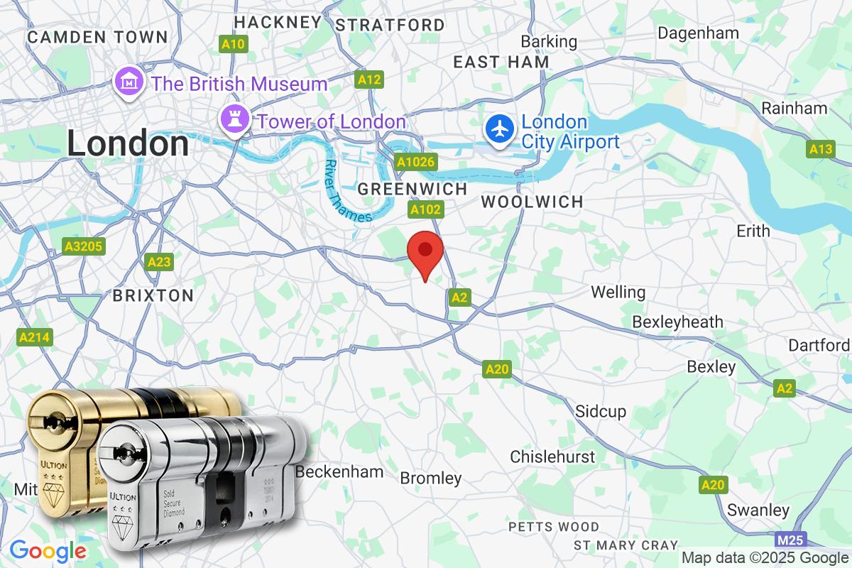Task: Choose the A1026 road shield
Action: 415,163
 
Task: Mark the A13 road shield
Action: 821,149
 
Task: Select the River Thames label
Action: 347,190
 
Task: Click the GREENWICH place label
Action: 413,189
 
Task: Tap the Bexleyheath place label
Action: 677,322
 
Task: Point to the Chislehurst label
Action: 552,456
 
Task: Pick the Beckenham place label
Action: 339,471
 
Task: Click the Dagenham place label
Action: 698,33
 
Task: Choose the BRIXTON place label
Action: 153,295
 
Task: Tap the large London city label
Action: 128,144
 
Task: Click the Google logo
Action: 48,550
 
